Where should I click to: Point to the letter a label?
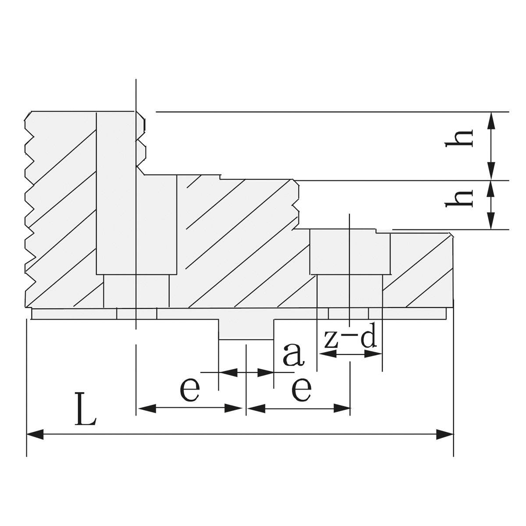293,355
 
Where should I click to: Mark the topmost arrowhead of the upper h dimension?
492,119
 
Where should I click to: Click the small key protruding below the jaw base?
246,329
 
